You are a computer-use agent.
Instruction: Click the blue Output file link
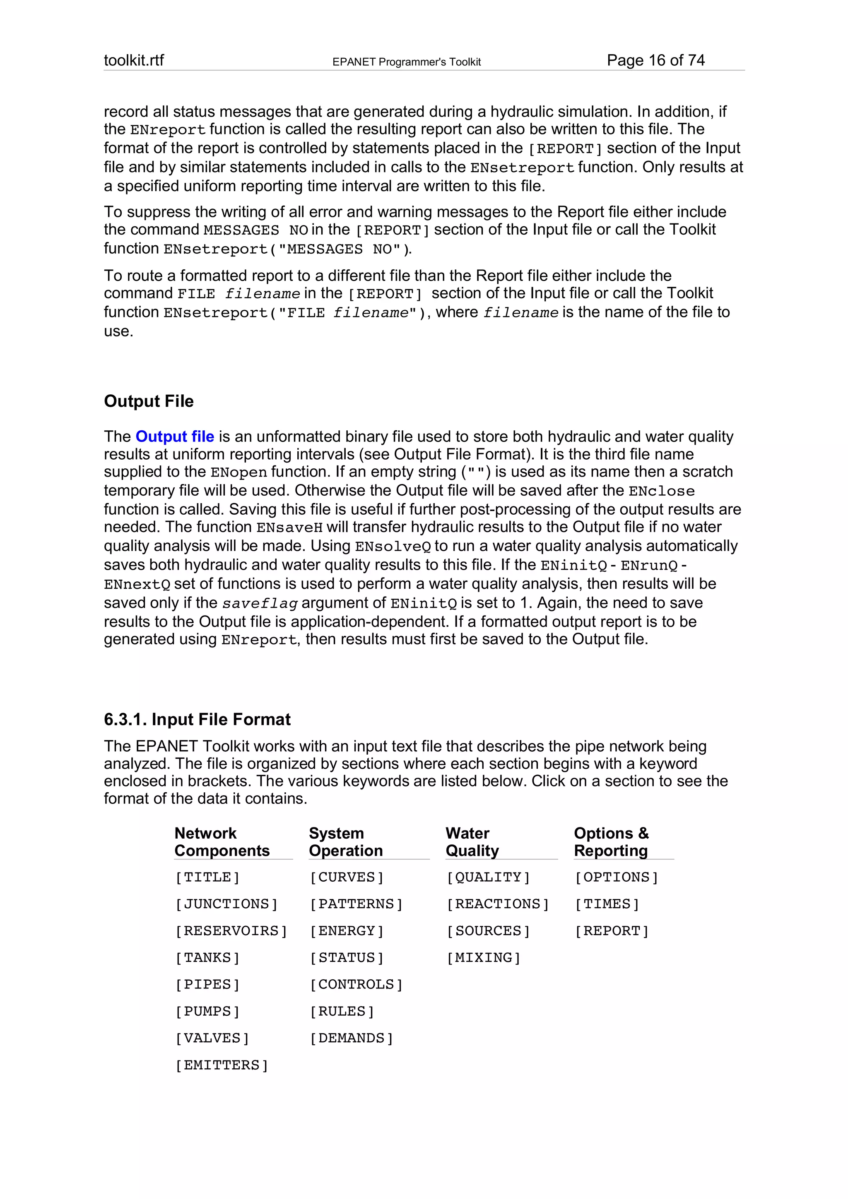(x=174, y=436)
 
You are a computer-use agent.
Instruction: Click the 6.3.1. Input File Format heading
(x=197, y=719)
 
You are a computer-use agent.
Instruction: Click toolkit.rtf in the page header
(x=134, y=60)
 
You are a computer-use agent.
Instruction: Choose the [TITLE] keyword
(x=207, y=877)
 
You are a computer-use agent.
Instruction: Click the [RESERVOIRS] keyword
(x=231, y=931)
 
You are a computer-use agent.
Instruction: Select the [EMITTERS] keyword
(x=222, y=1065)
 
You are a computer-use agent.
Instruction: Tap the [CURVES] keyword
(x=347, y=877)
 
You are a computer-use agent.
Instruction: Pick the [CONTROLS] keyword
(x=356, y=984)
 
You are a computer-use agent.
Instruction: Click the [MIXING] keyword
(x=483, y=958)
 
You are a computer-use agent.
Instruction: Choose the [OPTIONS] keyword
(x=616, y=877)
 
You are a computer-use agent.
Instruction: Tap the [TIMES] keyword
(x=607, y=904)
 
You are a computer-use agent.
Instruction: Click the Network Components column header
(x=222, y=842)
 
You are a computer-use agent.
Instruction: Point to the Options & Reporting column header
(x=611, y=842)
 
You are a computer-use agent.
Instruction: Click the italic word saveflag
(x=260, y=604)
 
